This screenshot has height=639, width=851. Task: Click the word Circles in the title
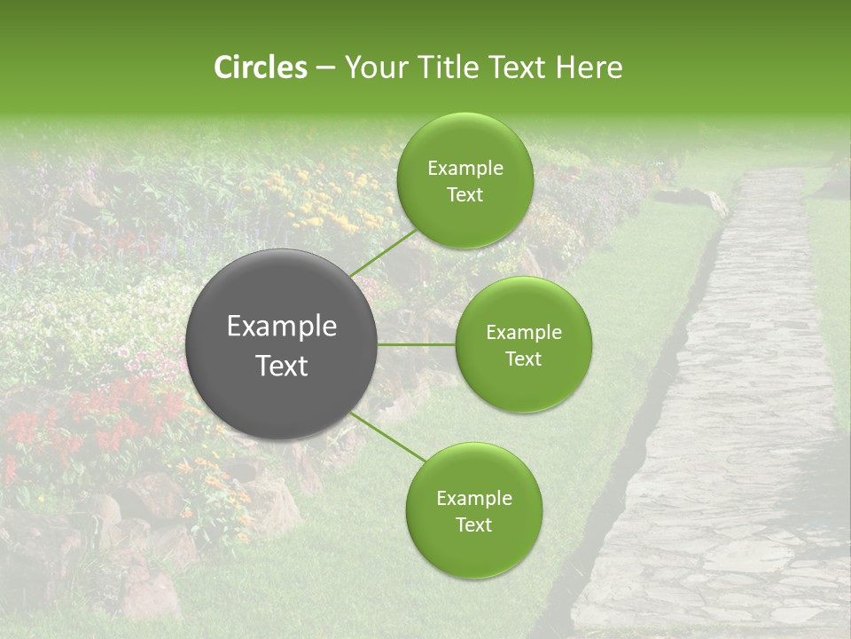coord(260,67)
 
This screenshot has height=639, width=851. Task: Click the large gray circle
coord(282,344)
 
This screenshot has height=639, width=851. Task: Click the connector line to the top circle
coord(382,252)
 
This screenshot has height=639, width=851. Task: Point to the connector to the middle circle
coord(417,344)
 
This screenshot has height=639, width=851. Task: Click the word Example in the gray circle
coord(282,327)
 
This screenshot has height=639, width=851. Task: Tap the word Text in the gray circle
coord(282,366)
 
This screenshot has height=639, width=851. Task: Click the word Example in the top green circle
coord(465,169)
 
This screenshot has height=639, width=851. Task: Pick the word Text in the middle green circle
coord(523,359)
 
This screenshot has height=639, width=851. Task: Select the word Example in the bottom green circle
coord(473,499)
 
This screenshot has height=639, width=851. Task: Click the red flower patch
coord(115,417)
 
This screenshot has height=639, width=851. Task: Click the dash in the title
coord(324,68)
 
